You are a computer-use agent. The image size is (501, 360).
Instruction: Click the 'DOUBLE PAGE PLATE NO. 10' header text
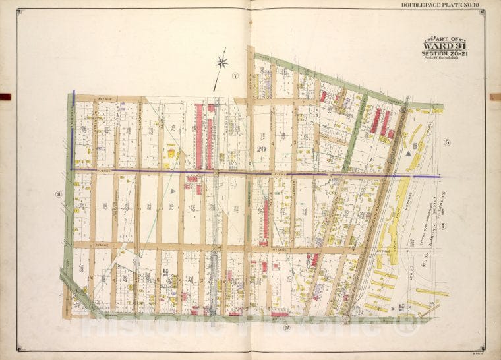coord(441,5)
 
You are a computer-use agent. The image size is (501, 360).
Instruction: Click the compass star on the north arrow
coord(222,63)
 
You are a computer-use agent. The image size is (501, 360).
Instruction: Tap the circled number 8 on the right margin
coord(446,142)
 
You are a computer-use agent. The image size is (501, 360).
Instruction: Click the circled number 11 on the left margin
coord(59,194)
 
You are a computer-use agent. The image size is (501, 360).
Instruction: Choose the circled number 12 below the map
coord(285,326)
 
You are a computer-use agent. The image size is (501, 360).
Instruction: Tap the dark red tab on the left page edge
coord(5,97)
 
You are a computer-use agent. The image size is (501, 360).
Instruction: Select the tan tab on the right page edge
coord(495,97)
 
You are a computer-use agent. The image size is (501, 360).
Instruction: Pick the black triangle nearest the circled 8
coord(411,152)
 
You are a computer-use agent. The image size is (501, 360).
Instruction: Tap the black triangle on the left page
coord(173,191)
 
